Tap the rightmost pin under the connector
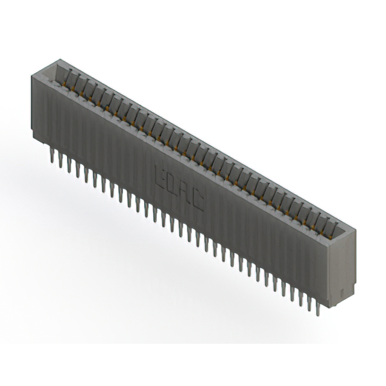pos(328,302)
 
